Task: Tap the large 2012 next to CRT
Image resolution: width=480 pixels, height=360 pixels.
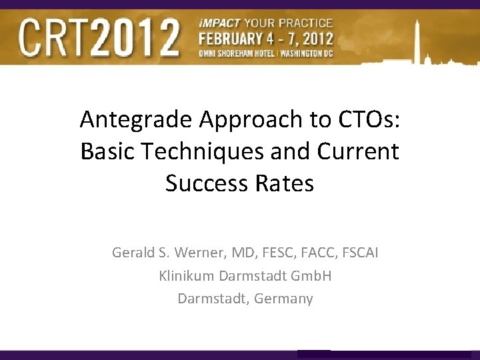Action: [142, 37]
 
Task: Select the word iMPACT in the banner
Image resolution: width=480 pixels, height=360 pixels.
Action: [218, 23]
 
